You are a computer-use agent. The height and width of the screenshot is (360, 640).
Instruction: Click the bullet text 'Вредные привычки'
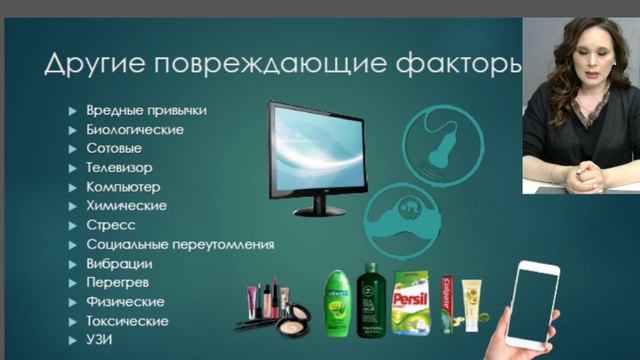click(x=152, y=110)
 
